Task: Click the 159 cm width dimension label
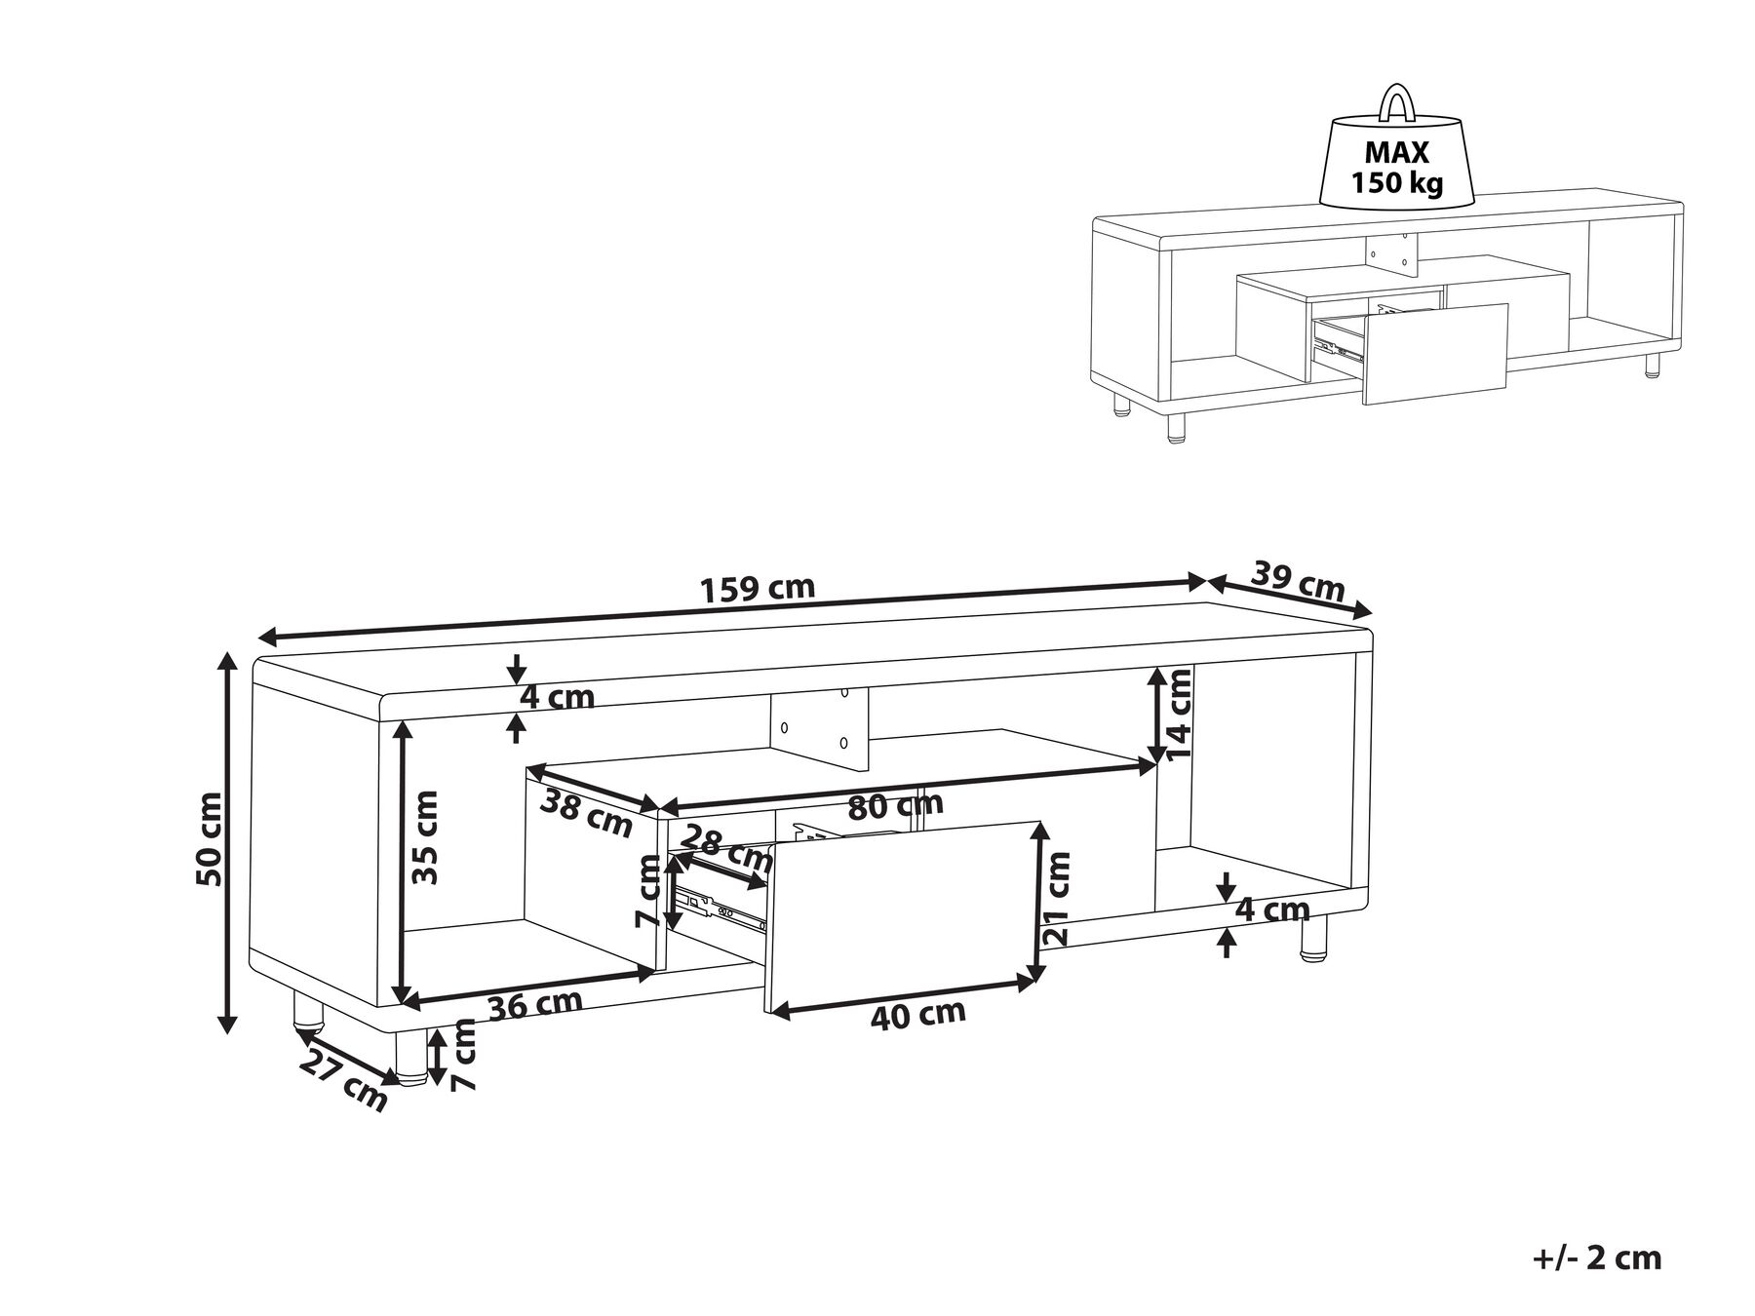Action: pos(758,589)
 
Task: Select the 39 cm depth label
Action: pos(1298,583)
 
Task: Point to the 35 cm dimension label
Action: pos(425,837)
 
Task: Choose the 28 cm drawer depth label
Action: pos(726,847)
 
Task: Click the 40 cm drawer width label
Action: pos(916,1015)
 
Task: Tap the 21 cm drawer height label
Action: pos(1059,898)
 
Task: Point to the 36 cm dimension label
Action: pos(535,1004)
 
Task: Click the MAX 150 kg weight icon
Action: pos(1396,166)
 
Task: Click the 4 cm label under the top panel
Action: pos(556,698)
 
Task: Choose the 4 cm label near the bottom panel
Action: pos(1271,910)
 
